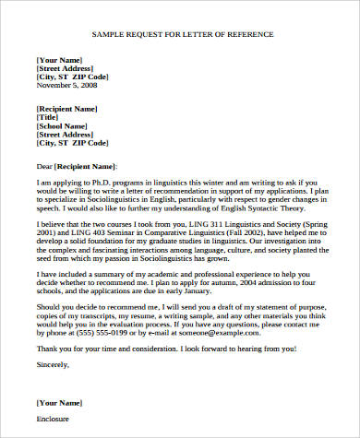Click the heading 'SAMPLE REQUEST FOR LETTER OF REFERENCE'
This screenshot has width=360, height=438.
(182, 34)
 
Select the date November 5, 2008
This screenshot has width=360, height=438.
(67, 85)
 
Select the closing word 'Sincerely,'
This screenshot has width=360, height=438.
(52, 364)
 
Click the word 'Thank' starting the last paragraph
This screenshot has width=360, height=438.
(46, 349)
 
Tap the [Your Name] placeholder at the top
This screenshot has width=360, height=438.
(59, 58)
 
